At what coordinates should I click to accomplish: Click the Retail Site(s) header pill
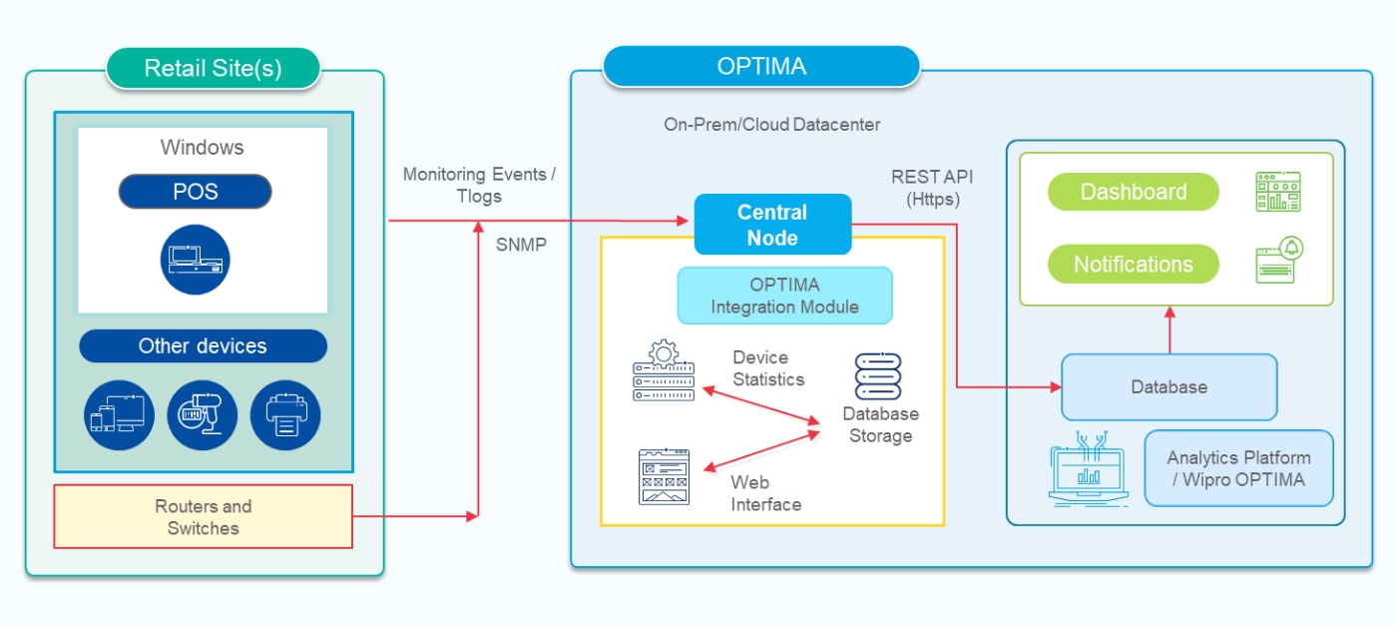click(213, 69)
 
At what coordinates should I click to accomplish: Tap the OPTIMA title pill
click(760, 67)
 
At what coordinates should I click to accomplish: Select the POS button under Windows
click(195, 192)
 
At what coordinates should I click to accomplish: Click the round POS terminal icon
click(195, 260)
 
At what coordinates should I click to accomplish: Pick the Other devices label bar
click(203, 346)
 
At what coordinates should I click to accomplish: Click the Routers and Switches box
click(203, 517)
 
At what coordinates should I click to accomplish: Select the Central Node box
click(772, 225)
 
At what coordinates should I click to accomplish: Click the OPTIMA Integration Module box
click(784, 296)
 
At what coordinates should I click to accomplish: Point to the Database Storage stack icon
click(878, 376)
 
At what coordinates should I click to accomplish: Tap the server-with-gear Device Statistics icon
click(664, 372)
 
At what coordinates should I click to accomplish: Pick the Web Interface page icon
click(664, 476)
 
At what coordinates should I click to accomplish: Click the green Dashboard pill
click(1133, 192)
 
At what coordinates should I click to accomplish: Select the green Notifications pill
click(1133, 265)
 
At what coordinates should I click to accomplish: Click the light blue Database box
click(1168, 386)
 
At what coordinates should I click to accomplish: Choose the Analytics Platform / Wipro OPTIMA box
click(1238, 468)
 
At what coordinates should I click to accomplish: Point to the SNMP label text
click(521, 244)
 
